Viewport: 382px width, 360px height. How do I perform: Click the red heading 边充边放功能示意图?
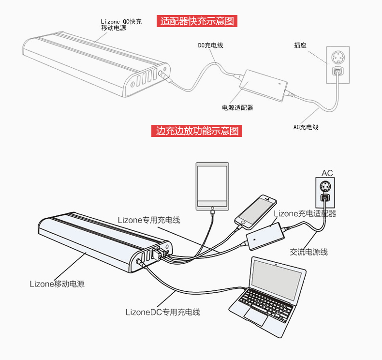tap(197, 131)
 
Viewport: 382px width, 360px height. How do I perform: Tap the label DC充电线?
tap(210, 45)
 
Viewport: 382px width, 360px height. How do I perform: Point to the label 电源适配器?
tap(237, 107)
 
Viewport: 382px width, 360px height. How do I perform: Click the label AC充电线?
tap(306, 127)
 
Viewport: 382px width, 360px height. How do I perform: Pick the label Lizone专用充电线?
tap(149, 220)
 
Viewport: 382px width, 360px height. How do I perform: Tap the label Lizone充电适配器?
tap(305, 213)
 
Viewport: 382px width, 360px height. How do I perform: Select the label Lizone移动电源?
tap(57, 284)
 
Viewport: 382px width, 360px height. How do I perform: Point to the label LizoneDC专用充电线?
tap(162, 312)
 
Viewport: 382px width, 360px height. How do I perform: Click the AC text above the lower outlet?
tap(327, 173)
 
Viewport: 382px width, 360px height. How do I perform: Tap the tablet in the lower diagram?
tap(212, 187)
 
